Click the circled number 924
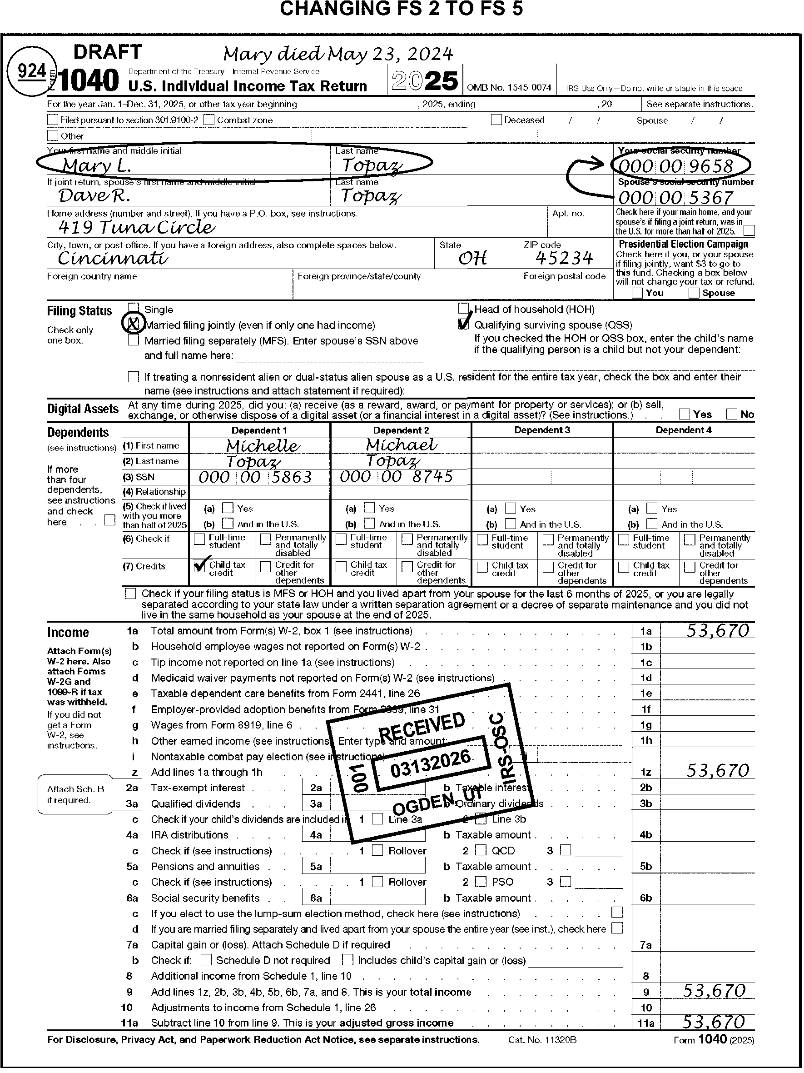(32, 72)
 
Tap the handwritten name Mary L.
(97, 166)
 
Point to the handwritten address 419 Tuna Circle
(136, 227)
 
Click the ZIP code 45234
(564, 259)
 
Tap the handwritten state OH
(472, 259)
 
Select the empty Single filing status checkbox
(134, 309)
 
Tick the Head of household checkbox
(464, 309)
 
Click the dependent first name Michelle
(263, 445)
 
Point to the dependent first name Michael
(402, 444)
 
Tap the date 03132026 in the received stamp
(431, 763)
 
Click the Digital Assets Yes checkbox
(685, 414)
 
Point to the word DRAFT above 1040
(108, 52)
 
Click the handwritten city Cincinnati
(113, 259)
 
